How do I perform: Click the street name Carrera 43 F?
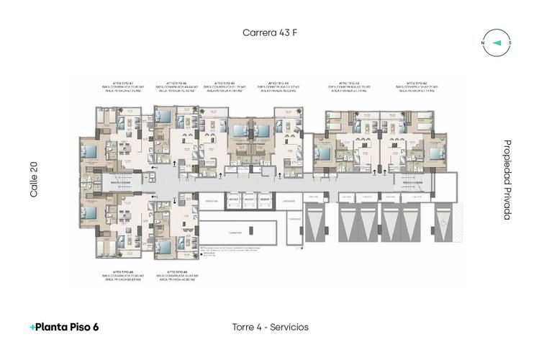coord(270,32)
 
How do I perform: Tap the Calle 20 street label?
coord(33,184)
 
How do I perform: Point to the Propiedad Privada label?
coord(507,180)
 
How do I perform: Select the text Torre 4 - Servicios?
coord(270,327)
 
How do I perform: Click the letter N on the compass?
coord(483,42)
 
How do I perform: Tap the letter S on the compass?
coord(510,42)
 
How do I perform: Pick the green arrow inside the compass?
coord(497,42)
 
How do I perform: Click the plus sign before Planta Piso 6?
coord(32,327)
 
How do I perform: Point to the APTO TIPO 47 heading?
coord(118,83)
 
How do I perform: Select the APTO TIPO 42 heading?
coord(415,83)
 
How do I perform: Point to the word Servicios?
coord(287,327)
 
